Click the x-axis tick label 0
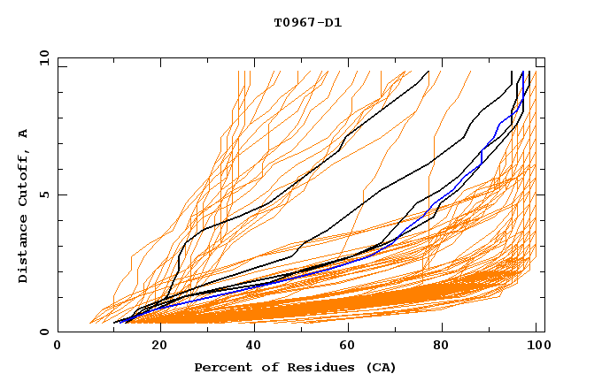tap(58, 347)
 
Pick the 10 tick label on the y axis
tap(43, 57)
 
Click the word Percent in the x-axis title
tap(220, 367)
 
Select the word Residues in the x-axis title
tap(303, 367)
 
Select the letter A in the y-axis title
tap(24, 133)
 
